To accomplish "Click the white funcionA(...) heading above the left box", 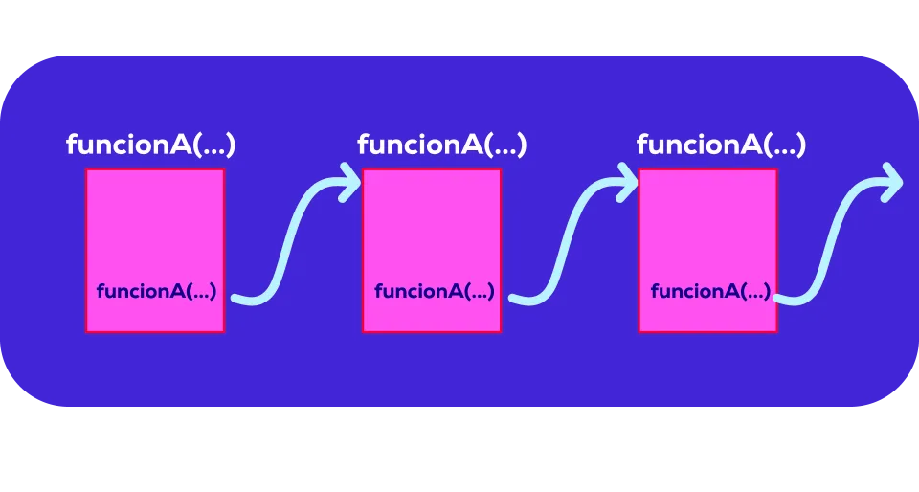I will click(150, 145).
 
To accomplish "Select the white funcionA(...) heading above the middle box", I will click(441, 145).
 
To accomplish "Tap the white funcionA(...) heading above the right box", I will click(721, 145).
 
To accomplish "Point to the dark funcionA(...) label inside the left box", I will click(156, 291).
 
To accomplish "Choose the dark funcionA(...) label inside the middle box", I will click(434, 291).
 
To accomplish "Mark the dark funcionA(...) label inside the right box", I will click(710, 291).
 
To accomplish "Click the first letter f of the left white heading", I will click(72, 145).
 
